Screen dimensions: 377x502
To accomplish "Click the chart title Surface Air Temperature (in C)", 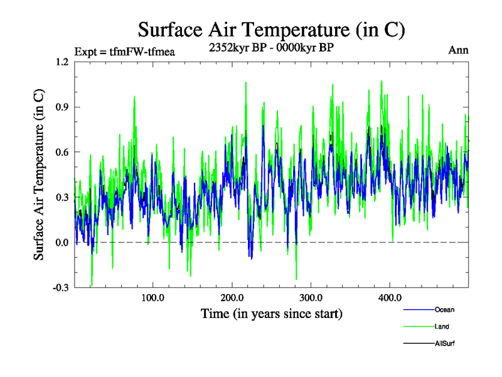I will click(271, 30).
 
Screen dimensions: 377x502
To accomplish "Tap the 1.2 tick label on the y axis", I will click(61, 62).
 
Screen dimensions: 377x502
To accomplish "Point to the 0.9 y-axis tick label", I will click(61, 107).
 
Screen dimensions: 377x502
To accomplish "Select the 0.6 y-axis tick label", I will click(61, 152).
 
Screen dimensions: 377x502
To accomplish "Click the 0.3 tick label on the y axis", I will click(61, 197).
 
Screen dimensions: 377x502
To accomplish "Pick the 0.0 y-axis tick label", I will click(61, 243).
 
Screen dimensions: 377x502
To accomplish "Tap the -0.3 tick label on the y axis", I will click(60, 288).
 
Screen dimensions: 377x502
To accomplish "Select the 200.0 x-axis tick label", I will click(232, 297).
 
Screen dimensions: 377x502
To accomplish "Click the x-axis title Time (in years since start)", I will click(271, 313).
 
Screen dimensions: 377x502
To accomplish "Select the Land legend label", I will click(442, 327).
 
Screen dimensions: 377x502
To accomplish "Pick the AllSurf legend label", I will click(444, 344).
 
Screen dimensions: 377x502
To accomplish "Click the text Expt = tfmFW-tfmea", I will click(124, 52).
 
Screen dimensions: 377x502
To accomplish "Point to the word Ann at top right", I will click(459, 50).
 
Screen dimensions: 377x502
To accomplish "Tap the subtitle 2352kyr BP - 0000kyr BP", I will click(270, 47).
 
